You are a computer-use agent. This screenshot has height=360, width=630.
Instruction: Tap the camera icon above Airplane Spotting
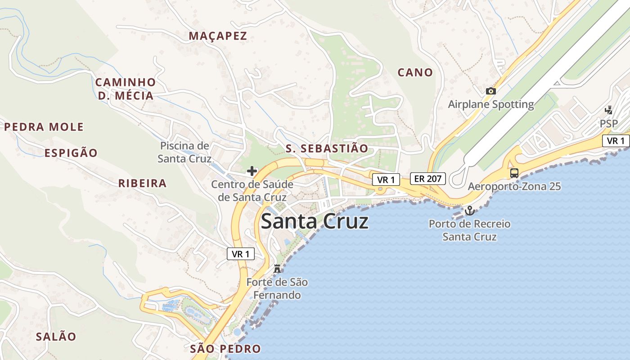tap(491, 91)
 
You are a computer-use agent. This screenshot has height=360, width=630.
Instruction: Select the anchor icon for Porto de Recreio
tap(469, 211)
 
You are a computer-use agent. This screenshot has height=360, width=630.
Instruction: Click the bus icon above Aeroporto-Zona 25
tap(514, 173)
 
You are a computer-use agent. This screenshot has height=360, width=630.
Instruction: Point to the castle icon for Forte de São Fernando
tap(277, 269)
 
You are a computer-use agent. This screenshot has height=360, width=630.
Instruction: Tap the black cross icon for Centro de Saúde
tap(252, 171)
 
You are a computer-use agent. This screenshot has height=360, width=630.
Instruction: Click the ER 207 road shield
tap(427, 179)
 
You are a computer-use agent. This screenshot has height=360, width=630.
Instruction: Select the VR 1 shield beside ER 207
tap(386, 180)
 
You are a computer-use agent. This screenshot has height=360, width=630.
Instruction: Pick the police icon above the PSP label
tap(608, 110)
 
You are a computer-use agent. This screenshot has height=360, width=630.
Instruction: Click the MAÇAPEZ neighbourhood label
tap(218, 36)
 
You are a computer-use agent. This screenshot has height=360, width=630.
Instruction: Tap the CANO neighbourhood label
tap(415, 72)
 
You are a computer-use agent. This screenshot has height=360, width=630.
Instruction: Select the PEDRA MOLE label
tap(44, 127)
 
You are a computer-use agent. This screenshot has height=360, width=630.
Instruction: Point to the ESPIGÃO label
tap(71, 153)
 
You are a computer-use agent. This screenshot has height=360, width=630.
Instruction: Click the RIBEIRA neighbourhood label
tap(142, 184)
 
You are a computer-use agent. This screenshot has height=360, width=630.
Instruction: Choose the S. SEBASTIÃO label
tap(327, 148)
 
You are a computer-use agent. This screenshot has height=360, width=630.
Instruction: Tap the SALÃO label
tap(56, 337)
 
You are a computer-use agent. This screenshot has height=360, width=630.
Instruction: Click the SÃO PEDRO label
tap(225, 349)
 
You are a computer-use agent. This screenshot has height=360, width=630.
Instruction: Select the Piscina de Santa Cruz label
tap(184, 152)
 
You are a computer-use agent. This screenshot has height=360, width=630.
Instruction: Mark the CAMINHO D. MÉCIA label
tap(126, 89)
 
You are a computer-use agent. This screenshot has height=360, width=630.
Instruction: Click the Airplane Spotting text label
tap(491, 104)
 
